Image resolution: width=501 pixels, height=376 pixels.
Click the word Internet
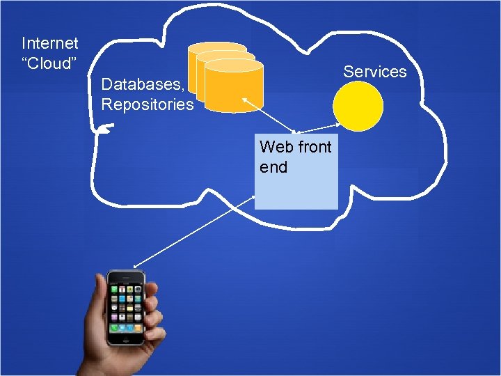[50, 43]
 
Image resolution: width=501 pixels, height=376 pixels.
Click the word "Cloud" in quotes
[48, 63]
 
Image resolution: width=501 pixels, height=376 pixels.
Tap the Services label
[375, 71]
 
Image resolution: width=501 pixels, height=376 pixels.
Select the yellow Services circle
[358, 107]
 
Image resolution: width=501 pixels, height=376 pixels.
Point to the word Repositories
[148, 104]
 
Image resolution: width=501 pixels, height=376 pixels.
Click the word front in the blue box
[314, 147]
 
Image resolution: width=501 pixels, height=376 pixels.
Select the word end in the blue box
[273, 167]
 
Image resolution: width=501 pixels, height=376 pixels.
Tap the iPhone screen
[126, 306]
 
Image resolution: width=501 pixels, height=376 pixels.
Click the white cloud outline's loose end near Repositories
[104, 127]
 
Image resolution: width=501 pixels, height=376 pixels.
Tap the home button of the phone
[126, 340]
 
